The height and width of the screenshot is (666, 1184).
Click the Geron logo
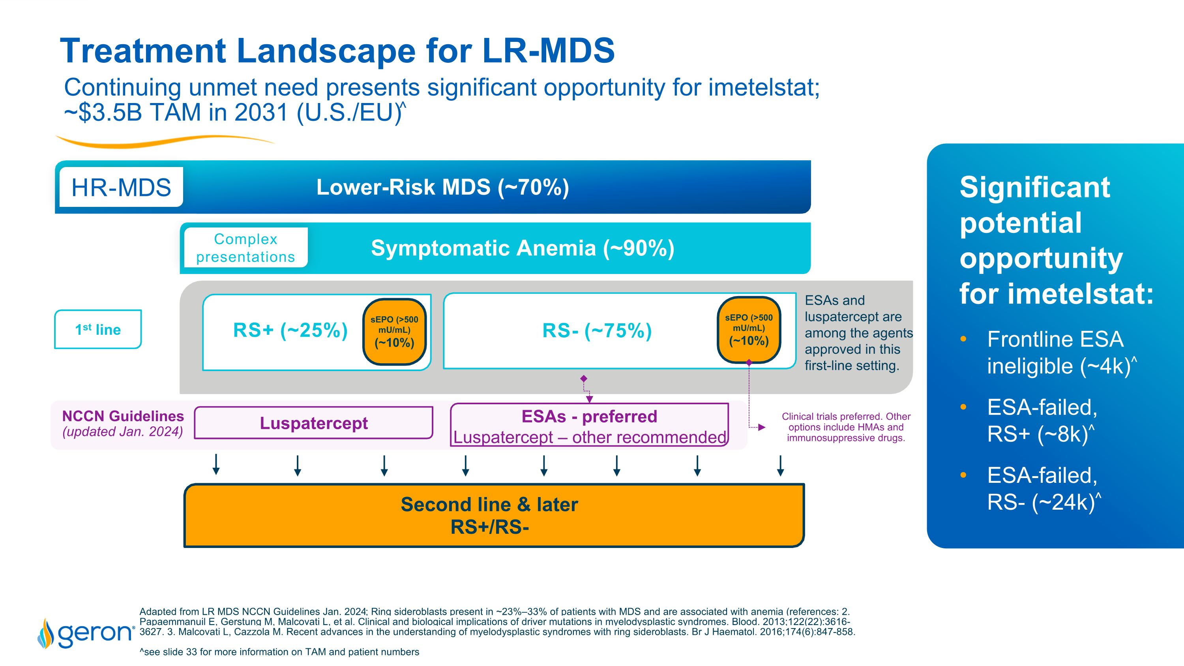[86, 633]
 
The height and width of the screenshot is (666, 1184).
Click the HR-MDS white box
[121, 188]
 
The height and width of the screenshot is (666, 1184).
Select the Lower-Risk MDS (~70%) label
[442, 188]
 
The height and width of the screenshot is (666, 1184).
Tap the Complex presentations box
[245, 248]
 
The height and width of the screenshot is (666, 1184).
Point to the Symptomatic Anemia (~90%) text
[522, 248]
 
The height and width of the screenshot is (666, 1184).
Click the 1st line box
[98, 330]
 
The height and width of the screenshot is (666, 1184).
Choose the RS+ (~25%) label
[290, 330]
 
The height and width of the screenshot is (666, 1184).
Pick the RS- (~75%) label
[597, 331]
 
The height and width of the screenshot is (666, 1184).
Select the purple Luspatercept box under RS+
[313, 423]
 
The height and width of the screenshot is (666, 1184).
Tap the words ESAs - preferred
[589, 416]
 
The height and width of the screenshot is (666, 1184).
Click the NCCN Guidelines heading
[123, 416]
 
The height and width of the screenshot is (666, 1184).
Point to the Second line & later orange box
[494, 516]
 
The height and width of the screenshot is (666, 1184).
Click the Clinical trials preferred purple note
[846, 427]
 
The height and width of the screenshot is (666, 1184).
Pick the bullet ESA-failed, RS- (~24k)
[1042, 489]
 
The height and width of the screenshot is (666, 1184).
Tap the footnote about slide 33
[279, 652]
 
